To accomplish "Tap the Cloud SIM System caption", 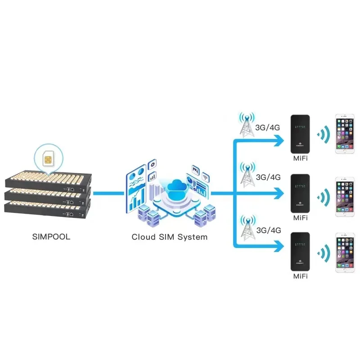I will click(169, 237).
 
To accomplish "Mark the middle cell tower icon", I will click(246, 176).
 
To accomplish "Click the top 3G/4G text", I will click(268, 127).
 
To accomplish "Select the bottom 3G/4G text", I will click(268, 230).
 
